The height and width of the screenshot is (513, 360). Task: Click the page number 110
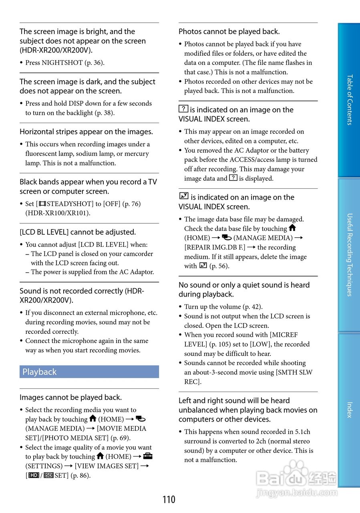point(169,500)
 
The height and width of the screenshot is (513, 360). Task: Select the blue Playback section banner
point(89,372)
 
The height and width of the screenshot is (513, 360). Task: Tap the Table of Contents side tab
point(349,100)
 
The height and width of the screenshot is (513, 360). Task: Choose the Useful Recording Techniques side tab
point(349,255)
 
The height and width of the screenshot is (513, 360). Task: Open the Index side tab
point(349,410)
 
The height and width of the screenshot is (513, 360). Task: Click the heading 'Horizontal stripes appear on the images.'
point(86,132)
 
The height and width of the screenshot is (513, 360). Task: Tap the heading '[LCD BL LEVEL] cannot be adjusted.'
point(78,232)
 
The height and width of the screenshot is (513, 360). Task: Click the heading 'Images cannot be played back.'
point(70,398)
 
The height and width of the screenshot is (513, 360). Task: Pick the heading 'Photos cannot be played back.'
point(229,32)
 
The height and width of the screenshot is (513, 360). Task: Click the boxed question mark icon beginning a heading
point(183,109)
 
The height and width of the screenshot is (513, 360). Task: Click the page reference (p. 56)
point(219,266)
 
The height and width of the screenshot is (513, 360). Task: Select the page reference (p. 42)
point(252,307)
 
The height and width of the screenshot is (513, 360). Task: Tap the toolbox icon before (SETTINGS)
point(147,456)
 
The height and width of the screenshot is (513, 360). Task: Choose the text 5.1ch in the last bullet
point(302,432)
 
